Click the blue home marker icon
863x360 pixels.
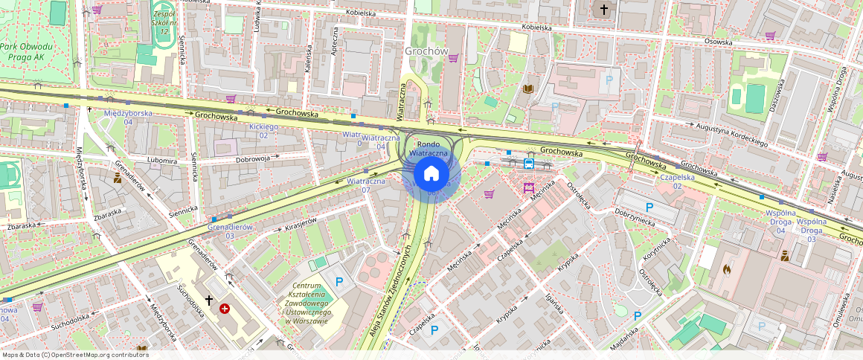(431, 174)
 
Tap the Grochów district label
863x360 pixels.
(426, 51)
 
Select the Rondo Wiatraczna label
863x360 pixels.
(432, 148)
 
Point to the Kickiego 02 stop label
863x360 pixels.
(263, 131)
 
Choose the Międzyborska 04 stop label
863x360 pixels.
(128, 117)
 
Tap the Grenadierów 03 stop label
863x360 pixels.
(230, 231)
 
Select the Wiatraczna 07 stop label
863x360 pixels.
(366, 185)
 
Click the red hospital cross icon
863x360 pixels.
(224, 308)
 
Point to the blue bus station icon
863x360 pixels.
(529, 164)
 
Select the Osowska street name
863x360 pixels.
(718, 42)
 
